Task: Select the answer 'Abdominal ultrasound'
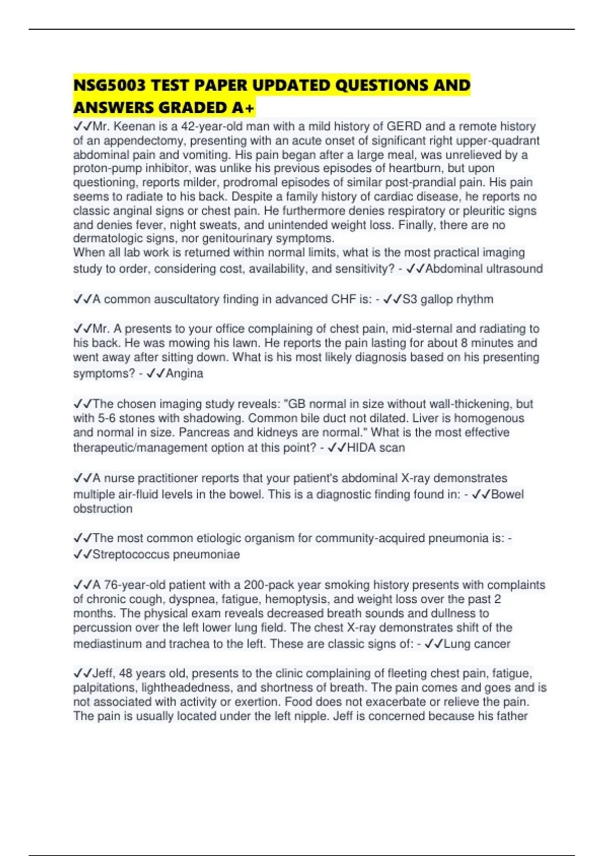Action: coord(484,269)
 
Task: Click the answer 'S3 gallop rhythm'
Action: coord(447,299)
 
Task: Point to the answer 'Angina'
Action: coord(184,374)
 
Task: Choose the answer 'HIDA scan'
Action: coord(375,448)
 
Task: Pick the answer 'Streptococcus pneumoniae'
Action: coord(166,554)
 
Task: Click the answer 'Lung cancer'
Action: coord(477,644)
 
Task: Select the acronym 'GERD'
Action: coord(402,126)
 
